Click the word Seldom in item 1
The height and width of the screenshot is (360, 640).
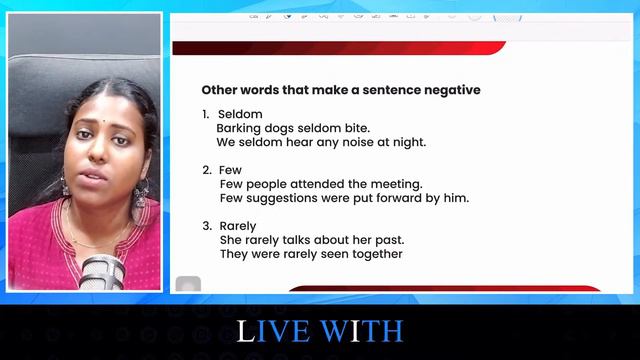(240, 114)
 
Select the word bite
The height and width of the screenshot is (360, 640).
(355, 128)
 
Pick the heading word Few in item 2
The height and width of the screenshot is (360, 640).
(230, 170)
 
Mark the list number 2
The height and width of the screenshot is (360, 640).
(206, 170)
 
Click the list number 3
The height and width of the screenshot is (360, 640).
(206, 226)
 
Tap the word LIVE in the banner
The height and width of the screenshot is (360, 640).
(276, 331)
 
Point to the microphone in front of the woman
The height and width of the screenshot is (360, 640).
(102, 270)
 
